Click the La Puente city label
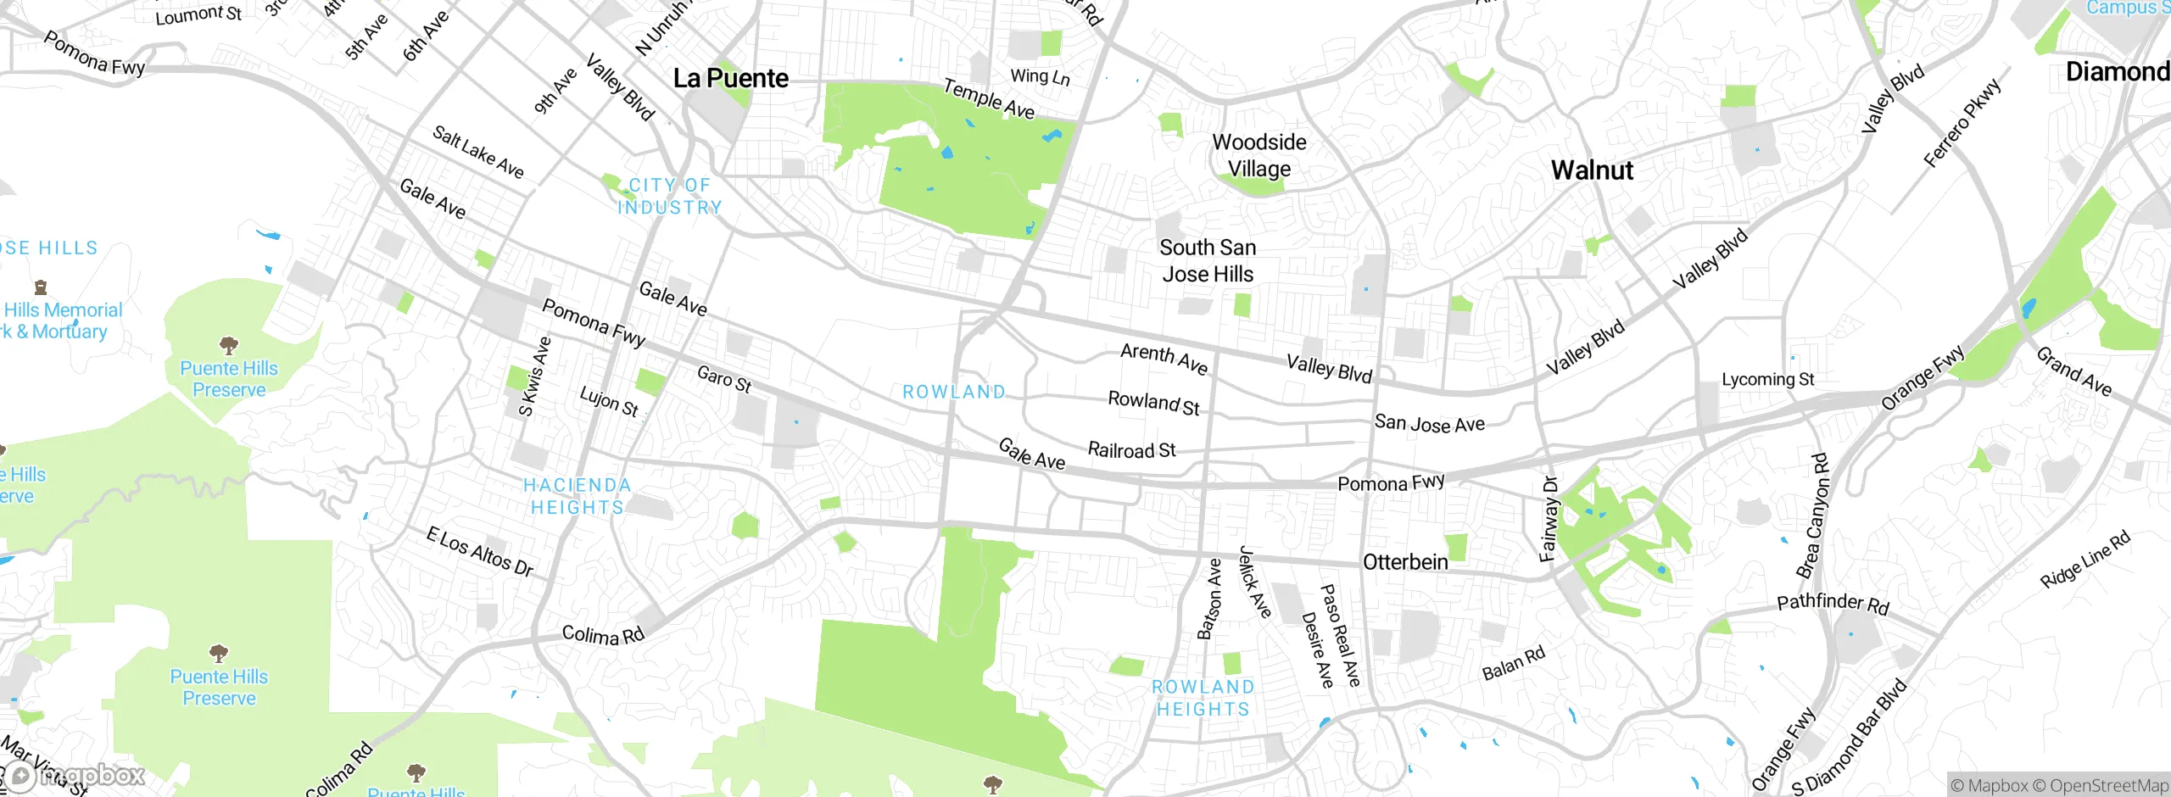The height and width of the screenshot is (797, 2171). point(730,79)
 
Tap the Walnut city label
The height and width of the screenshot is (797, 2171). point(1592,170)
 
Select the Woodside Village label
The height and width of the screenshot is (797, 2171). point(1259,155)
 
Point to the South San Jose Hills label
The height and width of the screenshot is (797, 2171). point(1208,261)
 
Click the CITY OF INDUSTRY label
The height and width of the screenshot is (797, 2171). point(671,197)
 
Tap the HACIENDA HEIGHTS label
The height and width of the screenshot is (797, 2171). point(578,497)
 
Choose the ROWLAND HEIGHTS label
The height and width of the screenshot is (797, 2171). point(1203,699)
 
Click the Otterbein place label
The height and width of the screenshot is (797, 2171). point(1405,563)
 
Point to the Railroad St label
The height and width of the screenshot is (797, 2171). point(1131,450)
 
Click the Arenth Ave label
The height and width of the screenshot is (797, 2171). point(1164,358)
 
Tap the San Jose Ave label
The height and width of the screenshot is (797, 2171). point(1429,423)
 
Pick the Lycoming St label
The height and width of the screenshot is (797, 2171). point(1767,380)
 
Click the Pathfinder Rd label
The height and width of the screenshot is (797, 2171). point(1833,604)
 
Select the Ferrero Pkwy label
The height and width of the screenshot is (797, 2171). point(1962,123)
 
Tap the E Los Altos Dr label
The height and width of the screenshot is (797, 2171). point(480,552)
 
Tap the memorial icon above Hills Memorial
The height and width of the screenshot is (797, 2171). point(40,287)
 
